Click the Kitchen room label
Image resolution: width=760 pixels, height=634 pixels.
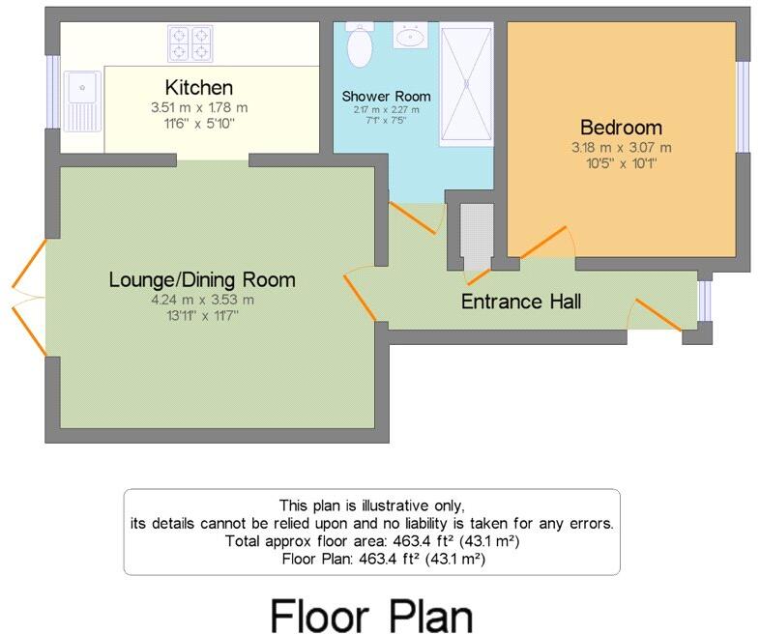198,88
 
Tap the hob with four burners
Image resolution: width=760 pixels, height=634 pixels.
190,43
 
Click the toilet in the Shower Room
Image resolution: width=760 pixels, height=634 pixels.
359,45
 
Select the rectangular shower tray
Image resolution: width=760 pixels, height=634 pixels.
466,85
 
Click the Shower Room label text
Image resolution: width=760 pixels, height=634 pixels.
386,97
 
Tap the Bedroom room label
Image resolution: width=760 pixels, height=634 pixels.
621,127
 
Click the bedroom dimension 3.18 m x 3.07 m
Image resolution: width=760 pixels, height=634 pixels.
621,148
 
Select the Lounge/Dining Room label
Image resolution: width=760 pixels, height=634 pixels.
202,280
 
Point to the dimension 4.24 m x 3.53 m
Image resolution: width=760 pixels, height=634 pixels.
202,300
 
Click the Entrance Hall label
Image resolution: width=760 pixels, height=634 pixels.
521,302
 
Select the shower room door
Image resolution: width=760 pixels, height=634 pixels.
414,217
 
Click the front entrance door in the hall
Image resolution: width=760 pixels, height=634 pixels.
658,314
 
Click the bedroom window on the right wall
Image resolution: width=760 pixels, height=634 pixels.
743,106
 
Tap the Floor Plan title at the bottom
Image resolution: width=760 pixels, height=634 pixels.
370,615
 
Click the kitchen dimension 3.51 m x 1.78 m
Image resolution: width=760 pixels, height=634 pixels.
198,108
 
